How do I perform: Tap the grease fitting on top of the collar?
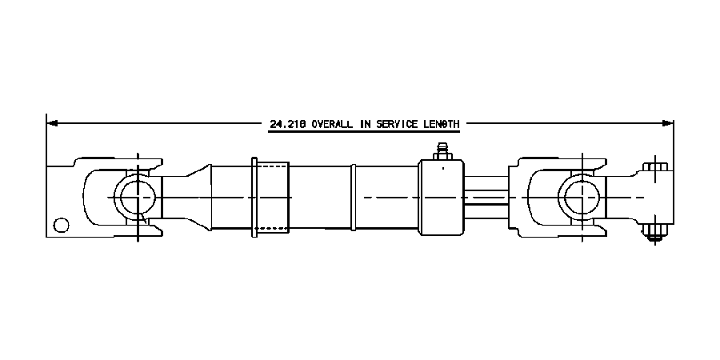pyautogui.click(x=441, y=150)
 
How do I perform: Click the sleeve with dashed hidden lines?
pyautogui.click(x=272, y=196)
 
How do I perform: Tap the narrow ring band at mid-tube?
pyautogui.click(x=352, y=197)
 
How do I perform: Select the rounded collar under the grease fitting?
pyautogui.click(x=441, y=197)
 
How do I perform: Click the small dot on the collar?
pyautogui.click(x=441, y=170)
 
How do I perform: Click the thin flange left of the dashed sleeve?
pyautogui.click(x=254, y=197)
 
